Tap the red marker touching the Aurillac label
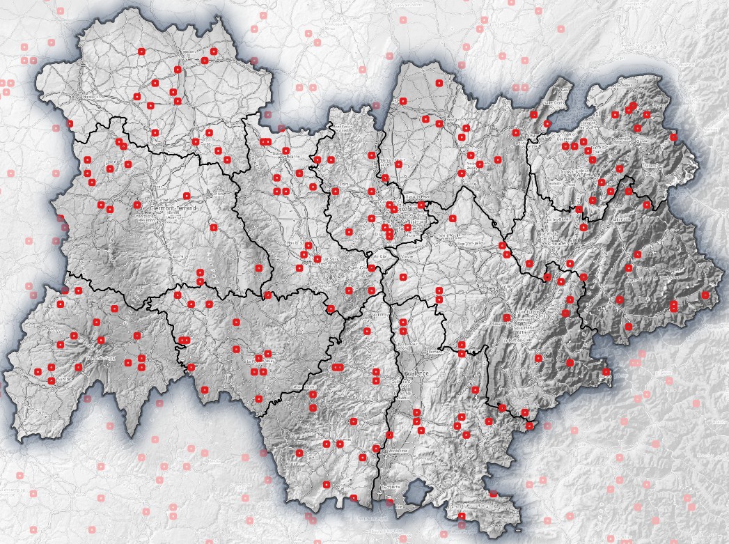click(51, 380)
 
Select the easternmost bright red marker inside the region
click(705, 295)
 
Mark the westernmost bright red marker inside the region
click(38, 372)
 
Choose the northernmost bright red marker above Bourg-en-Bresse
click(439, 83)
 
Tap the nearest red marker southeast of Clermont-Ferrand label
click(214, 227)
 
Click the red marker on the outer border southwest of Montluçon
click(70, 124)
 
